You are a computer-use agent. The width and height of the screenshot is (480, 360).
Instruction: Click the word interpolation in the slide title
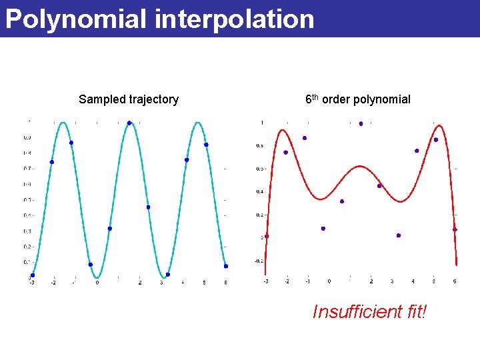(x=234, y=19)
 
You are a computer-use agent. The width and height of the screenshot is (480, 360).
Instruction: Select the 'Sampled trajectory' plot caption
(x=129, y=99)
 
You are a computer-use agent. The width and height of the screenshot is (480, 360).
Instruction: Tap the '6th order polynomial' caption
(x=358, y=99)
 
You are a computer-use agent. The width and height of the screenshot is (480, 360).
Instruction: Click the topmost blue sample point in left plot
(x=129, y=123)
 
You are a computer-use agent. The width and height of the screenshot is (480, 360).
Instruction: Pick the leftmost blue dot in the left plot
(x=32, y=275)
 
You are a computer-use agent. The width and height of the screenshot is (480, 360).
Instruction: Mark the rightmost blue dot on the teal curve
(x=226, y=266)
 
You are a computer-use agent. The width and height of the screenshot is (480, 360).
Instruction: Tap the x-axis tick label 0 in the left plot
(x=97, y=283)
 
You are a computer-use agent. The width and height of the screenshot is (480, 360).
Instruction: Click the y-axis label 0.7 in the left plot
(x=28, y=168)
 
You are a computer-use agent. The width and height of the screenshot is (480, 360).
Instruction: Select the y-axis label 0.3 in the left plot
(x=28, y=231)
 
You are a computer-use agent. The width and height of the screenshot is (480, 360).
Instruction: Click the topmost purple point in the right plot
(x=361, y=123)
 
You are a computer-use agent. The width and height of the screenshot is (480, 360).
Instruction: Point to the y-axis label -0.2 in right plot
(x=259, y=261)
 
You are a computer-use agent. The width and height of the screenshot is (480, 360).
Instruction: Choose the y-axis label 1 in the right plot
(x=262, y=123)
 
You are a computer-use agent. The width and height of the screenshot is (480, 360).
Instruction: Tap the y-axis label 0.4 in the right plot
(x=259, y=192)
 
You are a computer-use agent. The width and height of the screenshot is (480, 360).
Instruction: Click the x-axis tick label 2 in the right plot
(x=371, y=281)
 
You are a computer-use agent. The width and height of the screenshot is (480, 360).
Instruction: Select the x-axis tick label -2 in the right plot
(x=287, y=281)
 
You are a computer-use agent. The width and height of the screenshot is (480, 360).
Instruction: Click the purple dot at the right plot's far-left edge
(x=267, y=236)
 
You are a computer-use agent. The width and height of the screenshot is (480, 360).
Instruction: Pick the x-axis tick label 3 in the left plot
(x=161, y=283)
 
